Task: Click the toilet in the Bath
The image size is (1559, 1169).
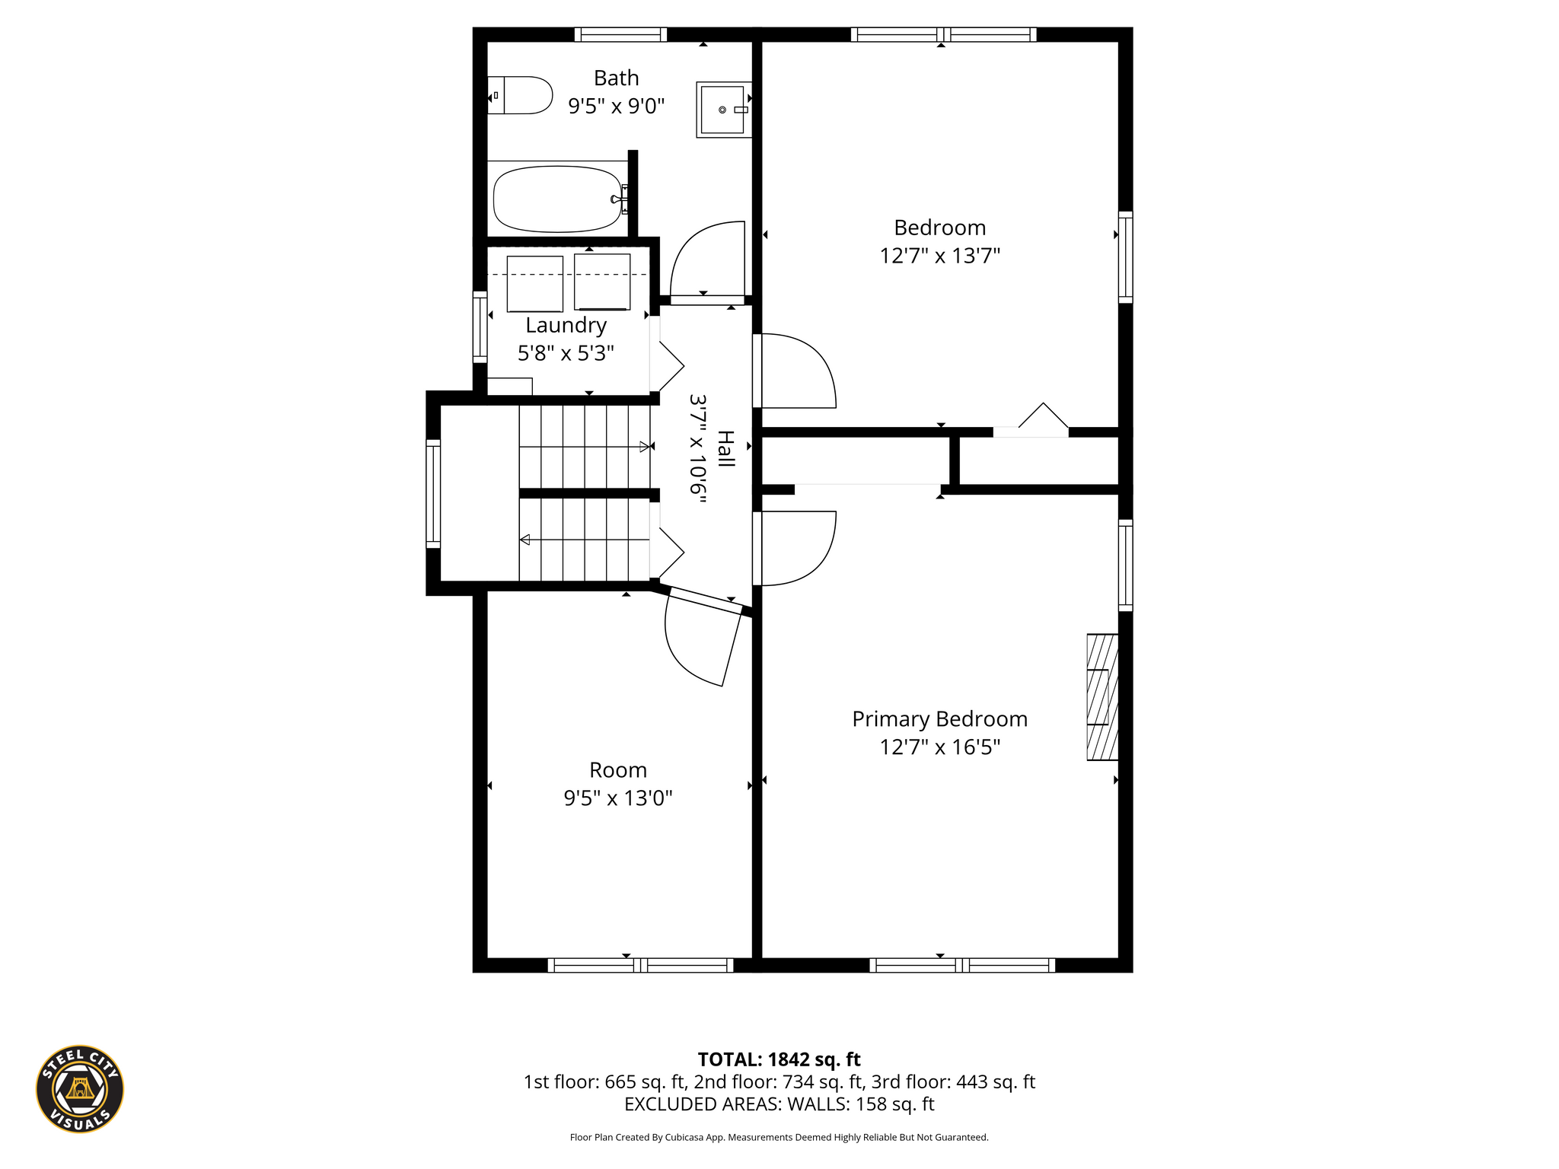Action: click(520, 95)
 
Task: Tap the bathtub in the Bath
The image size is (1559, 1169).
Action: click(558, 199)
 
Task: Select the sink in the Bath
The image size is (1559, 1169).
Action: click(723, 110)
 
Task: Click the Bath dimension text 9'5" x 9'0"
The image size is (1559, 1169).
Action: click(617, 106)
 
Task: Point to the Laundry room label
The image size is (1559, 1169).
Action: click(566, 326)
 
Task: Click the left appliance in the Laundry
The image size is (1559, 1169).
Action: click(535, 283)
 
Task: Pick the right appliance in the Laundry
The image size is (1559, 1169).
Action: click(602, 282)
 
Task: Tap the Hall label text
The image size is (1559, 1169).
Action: click(726, 449)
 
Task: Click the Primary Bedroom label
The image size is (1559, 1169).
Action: click(940, 719)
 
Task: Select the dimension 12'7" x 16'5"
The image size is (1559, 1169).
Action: click(940, 747)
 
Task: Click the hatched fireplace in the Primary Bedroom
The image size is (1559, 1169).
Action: click(1102, 697)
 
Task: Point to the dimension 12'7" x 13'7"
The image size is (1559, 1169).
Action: click(940, 256)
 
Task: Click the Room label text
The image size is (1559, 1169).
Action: click(618, 770)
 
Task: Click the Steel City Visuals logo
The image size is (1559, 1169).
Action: click(80, 1088)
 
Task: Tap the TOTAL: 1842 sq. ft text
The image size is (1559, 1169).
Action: click(779, 1059)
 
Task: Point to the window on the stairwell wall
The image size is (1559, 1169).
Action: click(433, 493)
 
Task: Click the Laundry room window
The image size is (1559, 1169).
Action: click(480, 326)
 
